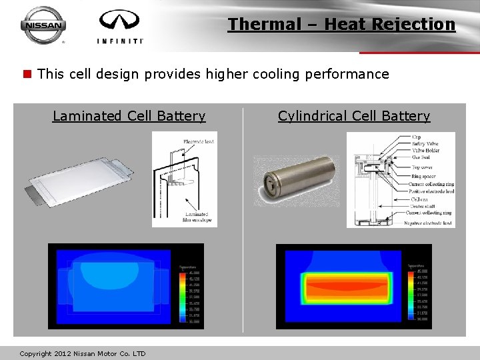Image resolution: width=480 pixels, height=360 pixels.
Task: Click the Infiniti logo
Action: tap(120, 27)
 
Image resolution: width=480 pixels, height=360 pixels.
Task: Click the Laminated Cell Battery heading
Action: tap(129, 116)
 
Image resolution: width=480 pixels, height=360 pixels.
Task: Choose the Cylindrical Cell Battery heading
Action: tap(354, 116)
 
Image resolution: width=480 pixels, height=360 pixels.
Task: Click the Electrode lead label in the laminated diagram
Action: tap(199, 142)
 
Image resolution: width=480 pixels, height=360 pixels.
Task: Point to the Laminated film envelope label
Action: tap(198, 217)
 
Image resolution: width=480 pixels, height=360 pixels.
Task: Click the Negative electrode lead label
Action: tap(427, 223)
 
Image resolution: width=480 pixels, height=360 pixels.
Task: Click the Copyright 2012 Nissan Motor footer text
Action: tap(83, 353)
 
